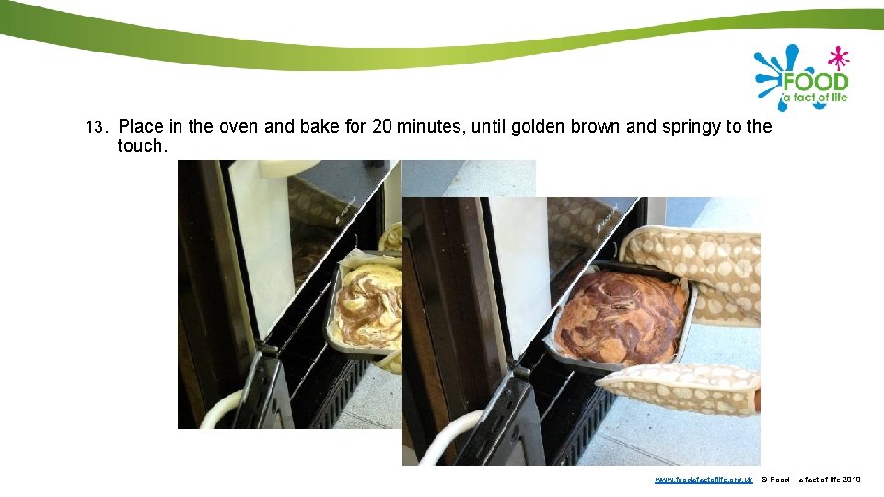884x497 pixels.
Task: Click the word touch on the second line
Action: coord(141,145)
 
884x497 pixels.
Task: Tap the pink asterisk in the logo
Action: coord(837,58)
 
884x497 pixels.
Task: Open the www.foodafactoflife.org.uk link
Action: coord(704,480)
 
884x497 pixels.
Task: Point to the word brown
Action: coord(595,126)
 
